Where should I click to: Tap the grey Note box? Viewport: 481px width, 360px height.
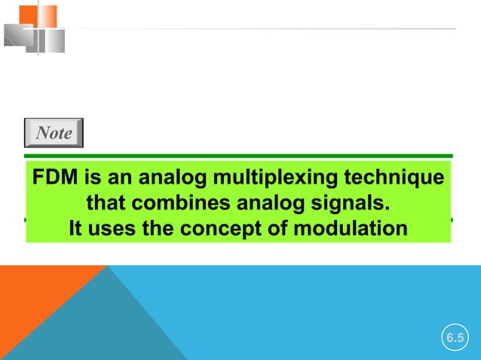pyautogui.click(x=54, y=133)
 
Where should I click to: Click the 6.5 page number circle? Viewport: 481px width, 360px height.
pyautogui.click(x=454, y=338)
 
